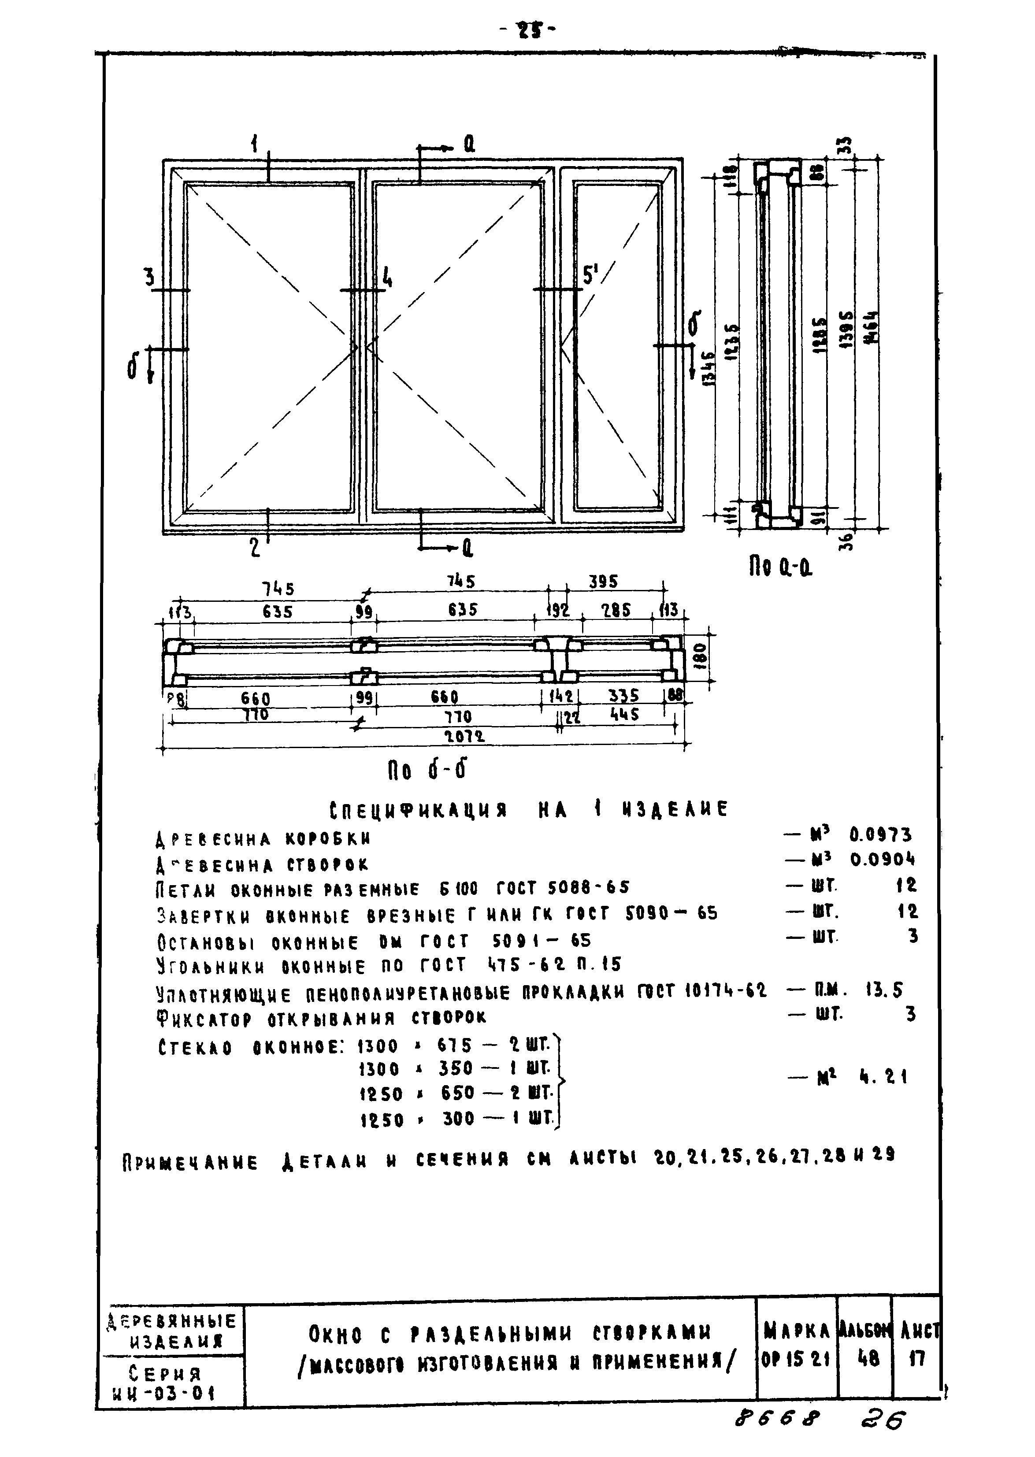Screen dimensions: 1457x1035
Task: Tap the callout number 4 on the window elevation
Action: [387, 278]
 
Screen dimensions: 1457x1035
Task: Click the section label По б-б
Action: [427, 771]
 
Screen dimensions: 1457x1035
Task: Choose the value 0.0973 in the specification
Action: [880, 835]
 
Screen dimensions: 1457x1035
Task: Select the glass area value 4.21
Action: [883, 1078]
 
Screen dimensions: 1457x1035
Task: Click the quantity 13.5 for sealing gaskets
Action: [883, 990]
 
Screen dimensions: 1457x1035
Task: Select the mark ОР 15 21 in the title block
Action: [795, 1360]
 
